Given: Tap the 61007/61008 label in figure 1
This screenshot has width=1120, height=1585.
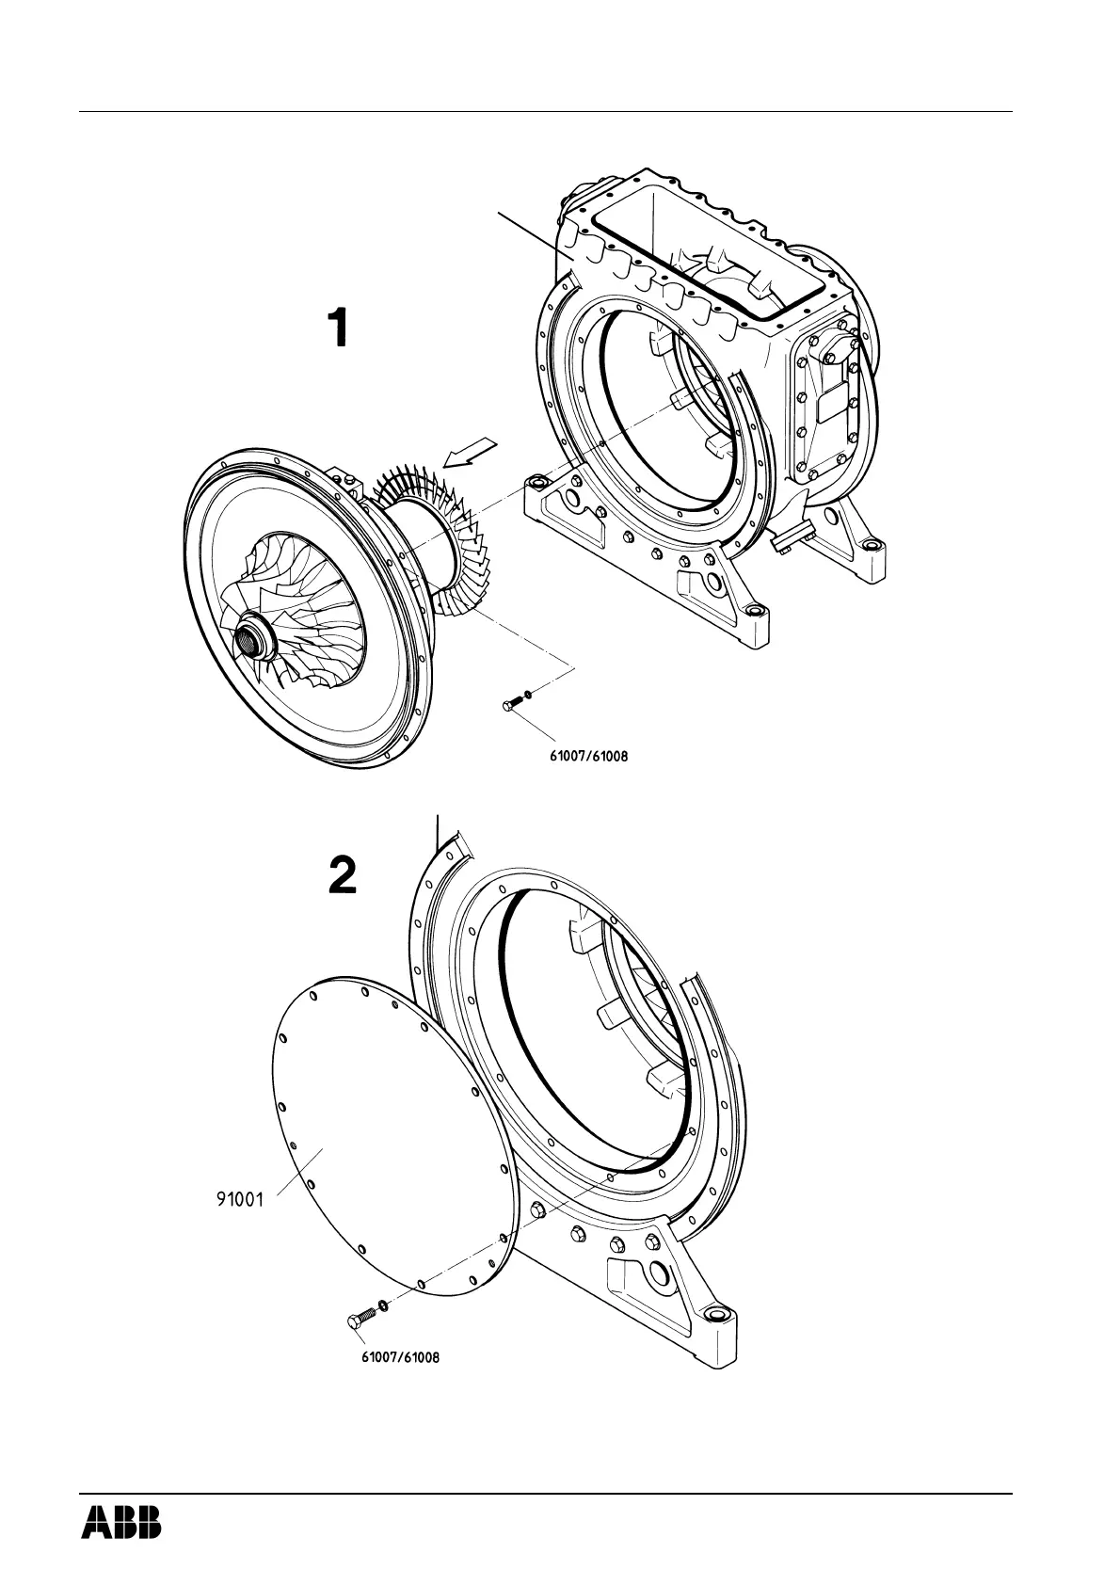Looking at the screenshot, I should [x=588, y=754].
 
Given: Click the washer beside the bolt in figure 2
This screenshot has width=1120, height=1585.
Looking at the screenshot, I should [x=383, y=1305].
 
